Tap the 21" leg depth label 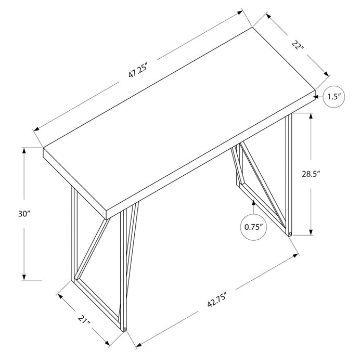[x=83, y=319]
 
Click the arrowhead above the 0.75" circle [x=254, y=201]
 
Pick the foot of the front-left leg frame [x=125, y=329]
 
